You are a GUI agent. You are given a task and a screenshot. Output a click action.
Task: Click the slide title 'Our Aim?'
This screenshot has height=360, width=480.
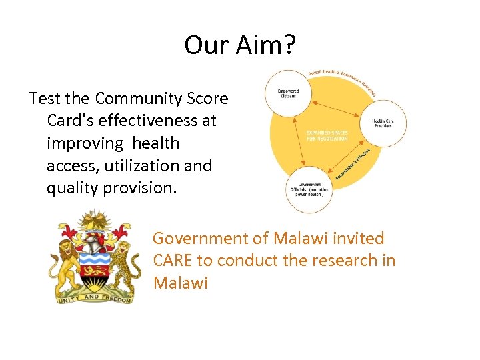tap(240, 45)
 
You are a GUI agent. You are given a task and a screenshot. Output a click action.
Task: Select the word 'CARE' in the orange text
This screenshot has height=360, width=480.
tap(174, 260)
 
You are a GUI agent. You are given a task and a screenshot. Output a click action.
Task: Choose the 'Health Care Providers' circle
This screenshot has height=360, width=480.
tap(382, 123)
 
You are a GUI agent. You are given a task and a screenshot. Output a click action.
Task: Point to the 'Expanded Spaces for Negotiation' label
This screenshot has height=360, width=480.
tap(327, 135)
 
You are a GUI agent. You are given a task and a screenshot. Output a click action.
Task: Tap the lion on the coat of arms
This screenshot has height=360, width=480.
tap(62, 263)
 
